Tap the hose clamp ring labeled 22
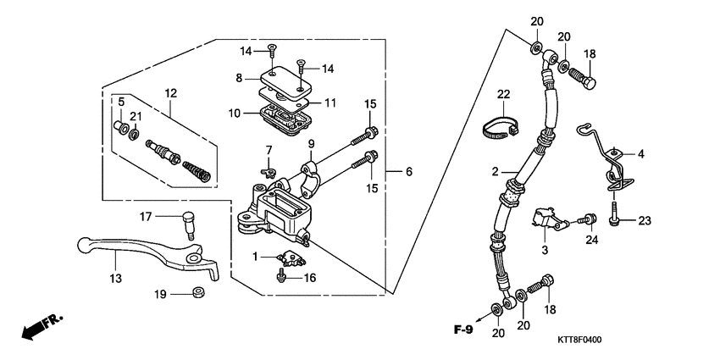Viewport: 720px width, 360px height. click(501, 128)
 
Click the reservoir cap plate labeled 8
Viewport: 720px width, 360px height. click(275, 82)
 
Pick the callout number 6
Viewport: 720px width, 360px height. click(408, 171)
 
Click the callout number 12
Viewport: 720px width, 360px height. click(171, 92)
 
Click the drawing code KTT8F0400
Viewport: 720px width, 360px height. click(579, 340)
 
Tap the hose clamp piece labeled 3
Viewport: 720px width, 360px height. click(546, 219)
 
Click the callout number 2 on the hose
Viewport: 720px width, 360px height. click(495, 171)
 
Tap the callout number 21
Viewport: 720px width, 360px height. click(135, 115)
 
